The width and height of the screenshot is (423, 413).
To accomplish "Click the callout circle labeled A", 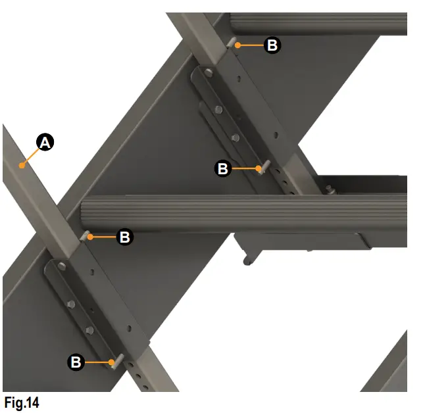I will [44, 142].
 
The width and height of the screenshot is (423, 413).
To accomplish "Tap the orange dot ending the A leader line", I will [23, 166].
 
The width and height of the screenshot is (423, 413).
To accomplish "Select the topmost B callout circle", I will [272, 45].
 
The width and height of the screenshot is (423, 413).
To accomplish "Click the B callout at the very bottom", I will [76, 362].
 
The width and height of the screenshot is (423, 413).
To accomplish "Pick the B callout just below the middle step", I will [124, 237].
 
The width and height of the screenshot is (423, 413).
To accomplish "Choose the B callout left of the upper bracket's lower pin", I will [223, 169].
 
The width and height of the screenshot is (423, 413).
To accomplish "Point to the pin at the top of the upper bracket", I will [232, 43].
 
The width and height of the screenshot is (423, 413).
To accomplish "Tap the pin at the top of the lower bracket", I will [85, 234].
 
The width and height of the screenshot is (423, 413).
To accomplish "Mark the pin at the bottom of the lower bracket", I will [116, 362].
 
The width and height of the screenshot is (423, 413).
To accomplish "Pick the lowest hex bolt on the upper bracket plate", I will [236, 137].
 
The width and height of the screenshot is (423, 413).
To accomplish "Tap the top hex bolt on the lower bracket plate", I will [61, 266].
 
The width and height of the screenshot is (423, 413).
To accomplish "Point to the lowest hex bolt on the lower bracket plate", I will [89, 329].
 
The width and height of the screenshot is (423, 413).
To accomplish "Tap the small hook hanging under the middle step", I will [247, 260].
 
